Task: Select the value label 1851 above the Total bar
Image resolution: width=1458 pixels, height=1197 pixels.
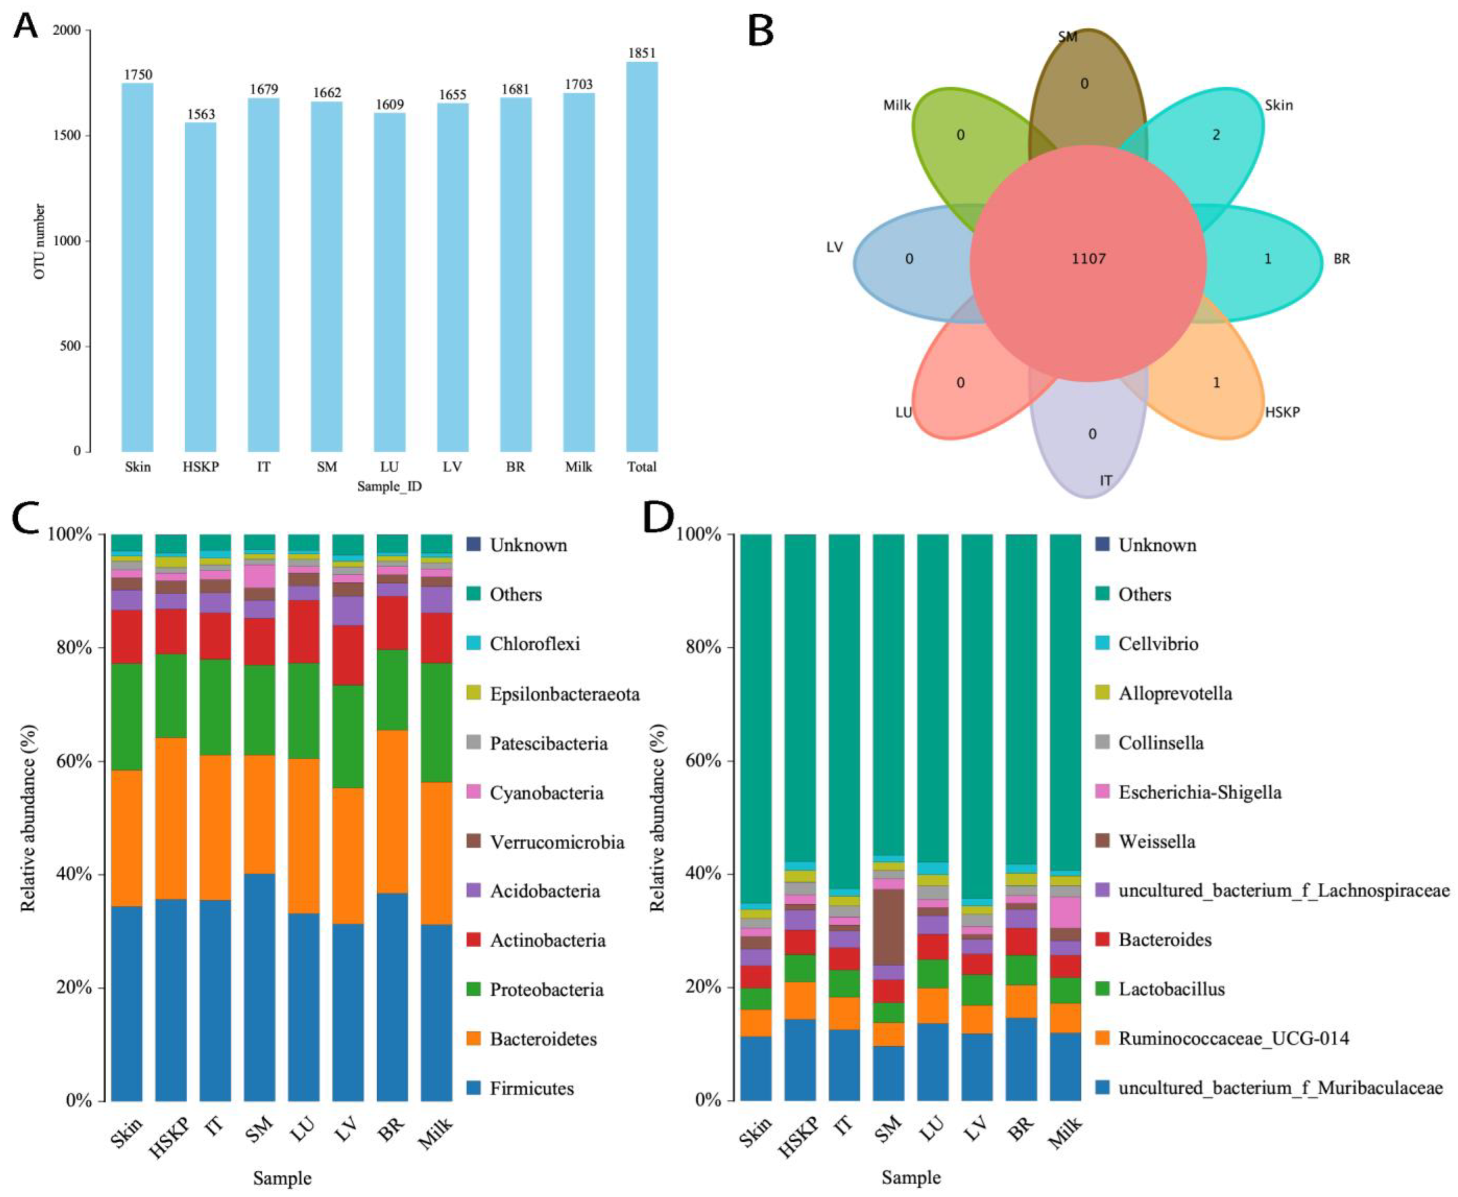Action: click(641, 53)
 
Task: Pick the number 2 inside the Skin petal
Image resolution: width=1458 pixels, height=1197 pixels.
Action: click(1216, 135)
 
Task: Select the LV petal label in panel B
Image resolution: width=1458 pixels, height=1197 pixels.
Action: click(834, 247)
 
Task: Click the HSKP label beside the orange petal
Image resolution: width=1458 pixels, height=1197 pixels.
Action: click(1282, 412)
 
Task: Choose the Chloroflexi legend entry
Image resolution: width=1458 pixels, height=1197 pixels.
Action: click(534, 644)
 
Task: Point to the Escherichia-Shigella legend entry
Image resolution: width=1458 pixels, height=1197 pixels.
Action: click(1199, 792)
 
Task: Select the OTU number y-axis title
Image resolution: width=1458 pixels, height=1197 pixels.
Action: click(40, 241)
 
